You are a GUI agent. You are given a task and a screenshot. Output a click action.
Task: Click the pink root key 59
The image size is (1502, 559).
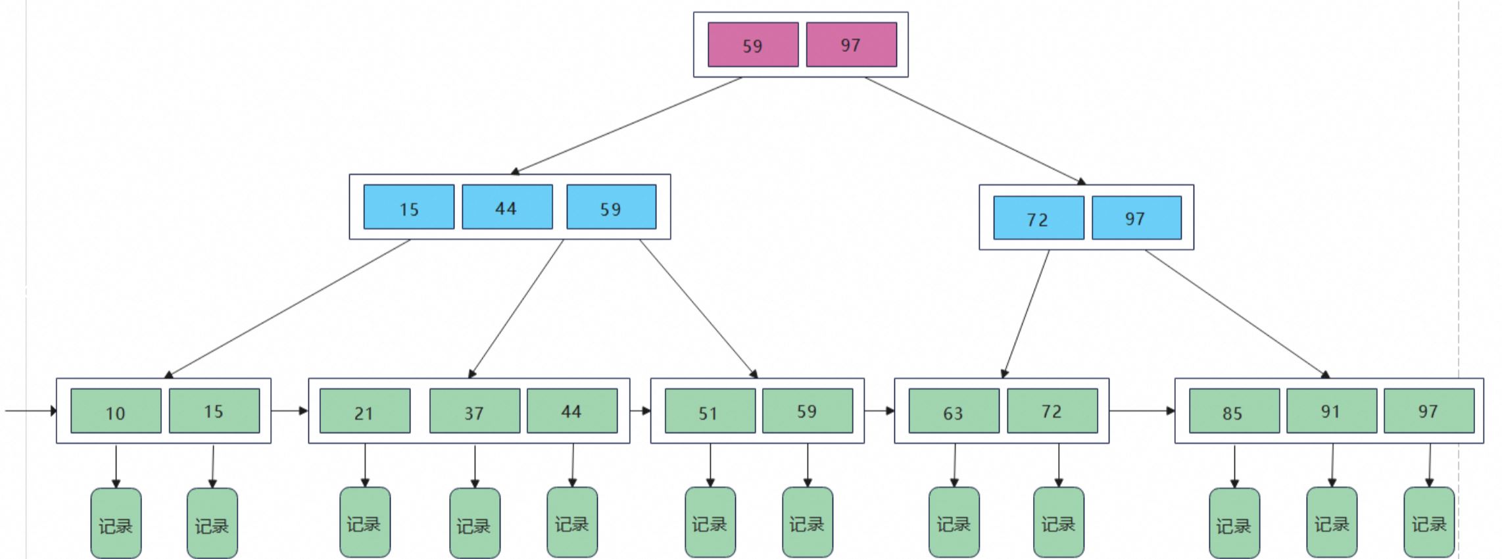753,45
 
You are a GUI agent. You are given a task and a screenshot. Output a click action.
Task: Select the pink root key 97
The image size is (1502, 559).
852,45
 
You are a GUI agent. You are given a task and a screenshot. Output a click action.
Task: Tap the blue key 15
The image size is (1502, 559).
409,207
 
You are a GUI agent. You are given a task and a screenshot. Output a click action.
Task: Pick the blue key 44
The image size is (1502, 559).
507,207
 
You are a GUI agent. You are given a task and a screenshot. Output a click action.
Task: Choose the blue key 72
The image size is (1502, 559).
1038,218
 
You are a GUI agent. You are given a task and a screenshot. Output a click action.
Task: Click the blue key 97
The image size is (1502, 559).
1136,218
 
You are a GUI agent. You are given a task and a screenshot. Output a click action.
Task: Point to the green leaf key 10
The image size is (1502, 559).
116,411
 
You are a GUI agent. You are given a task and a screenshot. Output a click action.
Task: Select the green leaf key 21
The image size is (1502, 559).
365,411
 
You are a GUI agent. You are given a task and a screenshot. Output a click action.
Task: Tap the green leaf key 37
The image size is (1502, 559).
475,411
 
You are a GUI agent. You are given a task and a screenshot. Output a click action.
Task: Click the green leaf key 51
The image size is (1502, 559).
710,411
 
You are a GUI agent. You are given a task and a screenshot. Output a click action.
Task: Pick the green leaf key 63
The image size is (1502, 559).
954,411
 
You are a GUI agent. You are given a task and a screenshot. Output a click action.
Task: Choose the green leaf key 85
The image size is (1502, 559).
1234,411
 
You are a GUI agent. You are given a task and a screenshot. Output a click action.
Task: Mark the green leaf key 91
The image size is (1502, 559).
1332,411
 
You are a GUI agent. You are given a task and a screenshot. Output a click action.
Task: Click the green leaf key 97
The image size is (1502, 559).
1429,411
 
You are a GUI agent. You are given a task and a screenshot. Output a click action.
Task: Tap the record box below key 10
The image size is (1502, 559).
116,523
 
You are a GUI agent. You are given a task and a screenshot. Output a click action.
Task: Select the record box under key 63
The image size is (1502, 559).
954,523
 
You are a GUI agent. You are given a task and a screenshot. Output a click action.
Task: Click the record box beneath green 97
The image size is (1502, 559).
1429,523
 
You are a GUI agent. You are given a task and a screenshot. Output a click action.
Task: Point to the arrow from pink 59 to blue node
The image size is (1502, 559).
626,126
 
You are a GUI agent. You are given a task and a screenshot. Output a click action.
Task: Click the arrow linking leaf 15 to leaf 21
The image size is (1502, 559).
290,411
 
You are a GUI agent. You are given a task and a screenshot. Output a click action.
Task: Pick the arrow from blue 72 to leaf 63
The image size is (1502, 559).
1025,314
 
